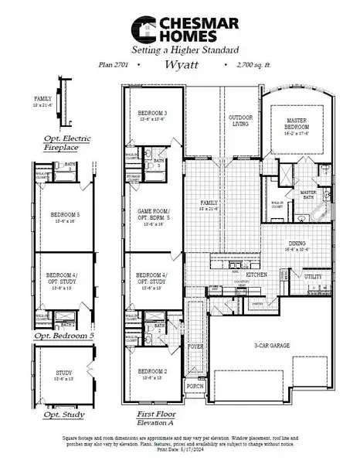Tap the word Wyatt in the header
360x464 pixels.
(182, 67)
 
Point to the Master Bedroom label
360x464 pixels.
(297, 124)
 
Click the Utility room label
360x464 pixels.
(313, 276)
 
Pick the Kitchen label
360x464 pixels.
(256, 275)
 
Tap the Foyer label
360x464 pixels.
(195, 347)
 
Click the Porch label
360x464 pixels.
(195, 385)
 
